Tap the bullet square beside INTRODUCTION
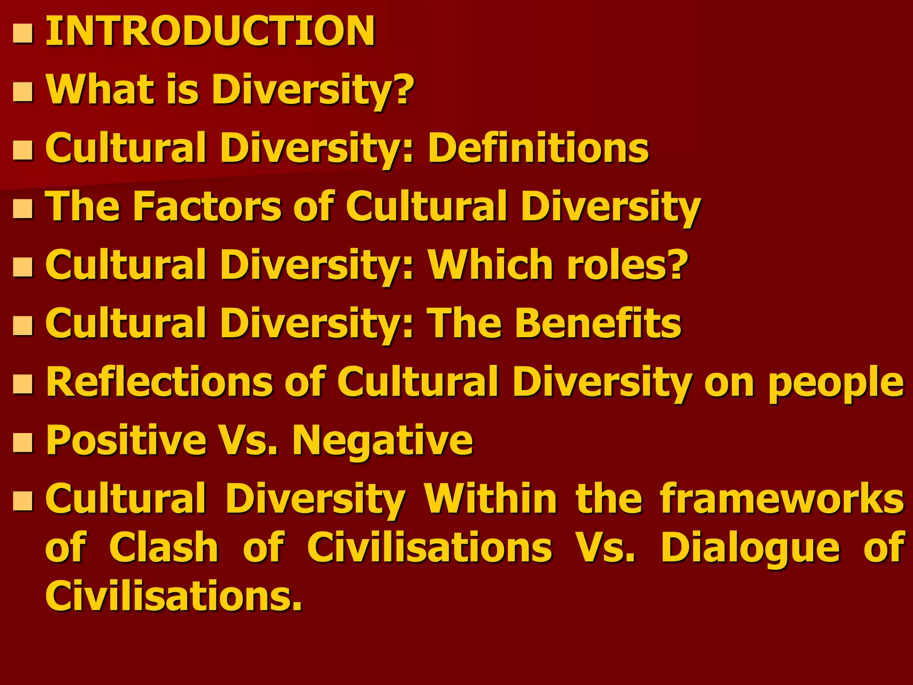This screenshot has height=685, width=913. point(23,34)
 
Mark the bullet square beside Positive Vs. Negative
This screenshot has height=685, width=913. point(23,443)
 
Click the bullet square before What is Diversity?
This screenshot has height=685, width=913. point(23,92)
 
